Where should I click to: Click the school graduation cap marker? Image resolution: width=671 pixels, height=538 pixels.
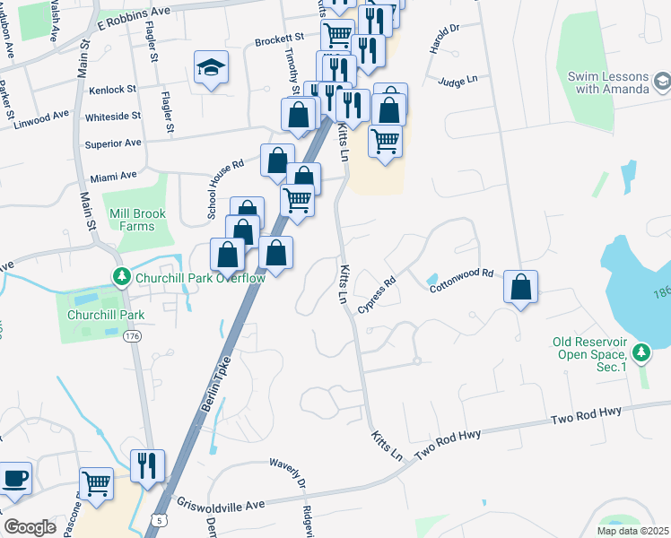(211, 67)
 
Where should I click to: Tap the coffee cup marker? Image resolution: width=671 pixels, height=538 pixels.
(15, 477)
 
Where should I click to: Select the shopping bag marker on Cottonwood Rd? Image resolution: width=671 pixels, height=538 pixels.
(520, 288)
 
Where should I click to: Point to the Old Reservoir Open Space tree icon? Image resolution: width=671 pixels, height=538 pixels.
(640, 352)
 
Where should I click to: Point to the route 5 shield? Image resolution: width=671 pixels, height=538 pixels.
(158, 519)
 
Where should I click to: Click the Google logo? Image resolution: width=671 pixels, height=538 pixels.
(30, 527)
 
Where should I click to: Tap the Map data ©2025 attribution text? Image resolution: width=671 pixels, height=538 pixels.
(632, 531)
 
